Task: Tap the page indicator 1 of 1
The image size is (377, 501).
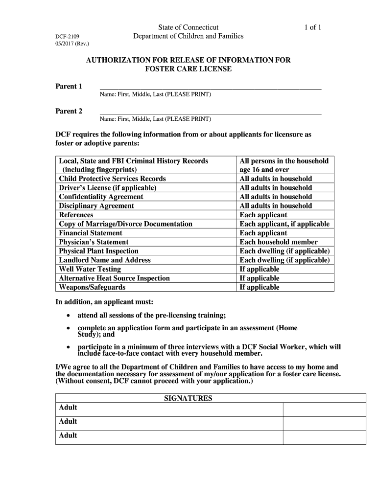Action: point(312,27)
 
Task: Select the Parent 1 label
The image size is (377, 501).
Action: point(69,87)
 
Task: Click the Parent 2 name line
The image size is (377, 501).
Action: point(211,113)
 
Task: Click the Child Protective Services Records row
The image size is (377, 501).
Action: point(112,179)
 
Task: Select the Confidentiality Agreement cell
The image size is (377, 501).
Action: point(101,197)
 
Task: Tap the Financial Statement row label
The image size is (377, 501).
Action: point(91,233)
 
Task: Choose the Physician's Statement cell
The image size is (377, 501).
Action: point(94,242)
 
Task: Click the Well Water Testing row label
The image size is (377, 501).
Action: point(90,269)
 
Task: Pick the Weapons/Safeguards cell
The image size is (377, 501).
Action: point(92,287)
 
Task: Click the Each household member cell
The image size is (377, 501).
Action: point(279,242)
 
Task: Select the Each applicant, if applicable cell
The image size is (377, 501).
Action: point(284,224)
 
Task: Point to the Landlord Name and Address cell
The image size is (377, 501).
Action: point(105,260)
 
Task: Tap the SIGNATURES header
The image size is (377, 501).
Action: point(188,398)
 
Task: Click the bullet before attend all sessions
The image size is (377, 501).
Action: point(68,315)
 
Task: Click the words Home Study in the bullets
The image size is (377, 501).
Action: point(284,328)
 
